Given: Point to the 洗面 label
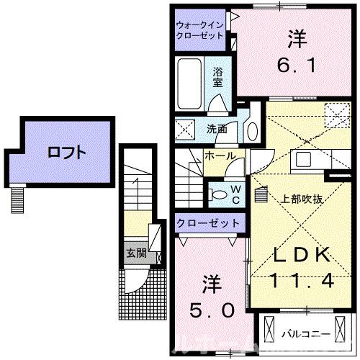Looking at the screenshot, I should click(x=217, y=130).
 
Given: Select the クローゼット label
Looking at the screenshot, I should click(x=208, y=223).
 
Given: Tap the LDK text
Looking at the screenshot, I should click(x=302, y=255).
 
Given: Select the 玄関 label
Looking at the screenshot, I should click(x=135, y=253).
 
